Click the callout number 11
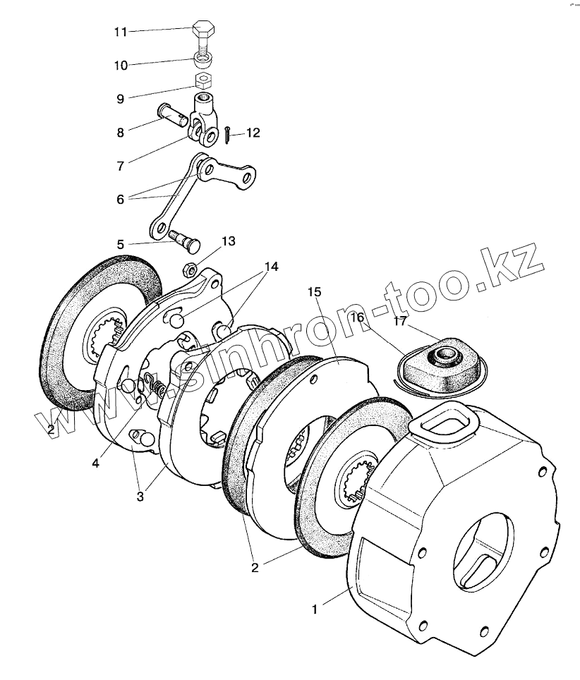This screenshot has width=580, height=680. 121,32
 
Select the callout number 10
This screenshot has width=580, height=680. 121,66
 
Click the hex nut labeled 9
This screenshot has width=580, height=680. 203,79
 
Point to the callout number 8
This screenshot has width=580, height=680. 121,131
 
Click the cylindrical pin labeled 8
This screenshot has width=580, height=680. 172,114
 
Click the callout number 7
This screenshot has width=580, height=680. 121,166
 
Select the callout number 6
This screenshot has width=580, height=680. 121,200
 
